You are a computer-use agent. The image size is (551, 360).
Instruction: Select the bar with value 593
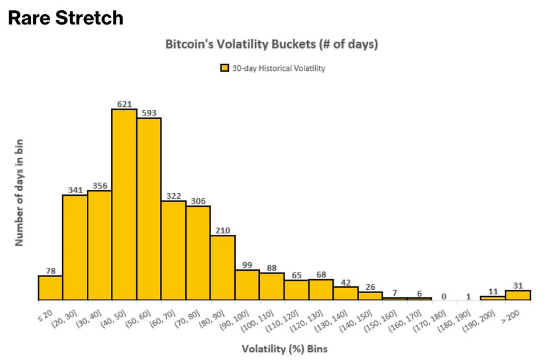pos(148,209)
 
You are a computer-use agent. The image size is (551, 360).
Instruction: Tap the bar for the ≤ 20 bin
pos(50,287)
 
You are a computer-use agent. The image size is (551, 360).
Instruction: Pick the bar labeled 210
pos(223,267)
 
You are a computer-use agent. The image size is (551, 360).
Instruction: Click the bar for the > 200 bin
pos(518,295)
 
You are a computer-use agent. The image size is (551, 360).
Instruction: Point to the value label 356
pos(99,185)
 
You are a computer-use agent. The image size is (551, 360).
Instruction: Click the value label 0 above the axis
pos(444,296)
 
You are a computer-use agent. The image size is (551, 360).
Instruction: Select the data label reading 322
pos(174,195)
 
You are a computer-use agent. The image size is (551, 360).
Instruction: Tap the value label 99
pos(247,265)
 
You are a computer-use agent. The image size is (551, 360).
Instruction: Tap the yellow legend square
pos(225,69)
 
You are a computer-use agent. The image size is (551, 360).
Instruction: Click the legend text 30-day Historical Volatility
pos(279,69)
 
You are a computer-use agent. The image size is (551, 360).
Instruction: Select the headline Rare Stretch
pos(66,18)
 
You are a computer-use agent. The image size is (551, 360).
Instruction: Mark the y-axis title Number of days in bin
pos(19,191)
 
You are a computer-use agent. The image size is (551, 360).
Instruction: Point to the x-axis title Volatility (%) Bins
pos(284,348)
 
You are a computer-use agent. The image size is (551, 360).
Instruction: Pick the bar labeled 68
pos(321,290)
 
